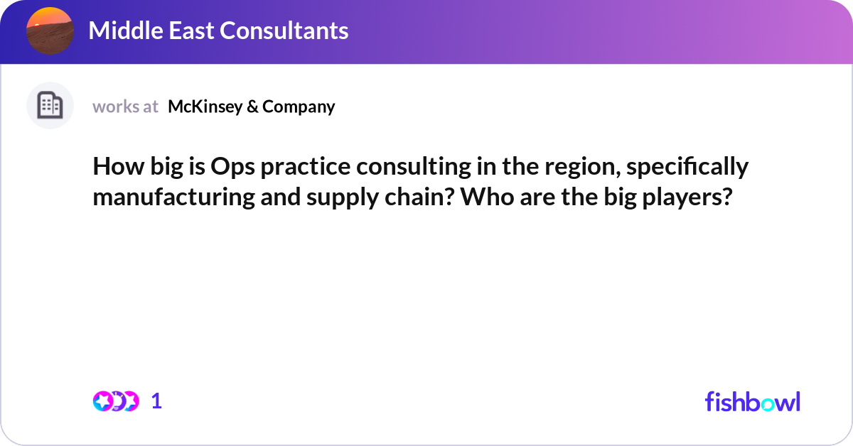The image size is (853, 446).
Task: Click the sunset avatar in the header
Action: pos(50,31)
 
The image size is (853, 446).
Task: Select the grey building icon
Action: pos(50,106)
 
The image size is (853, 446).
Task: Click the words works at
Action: pos(125,107)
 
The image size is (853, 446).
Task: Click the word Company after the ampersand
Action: pos(299,107)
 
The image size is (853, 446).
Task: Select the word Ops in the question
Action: pos(230,167)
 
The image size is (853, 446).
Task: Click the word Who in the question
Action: pos(486,197)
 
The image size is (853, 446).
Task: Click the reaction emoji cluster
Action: pos(115,401)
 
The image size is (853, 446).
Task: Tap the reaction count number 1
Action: pos(156,401)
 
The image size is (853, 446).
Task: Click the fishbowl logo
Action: pos(752,401)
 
